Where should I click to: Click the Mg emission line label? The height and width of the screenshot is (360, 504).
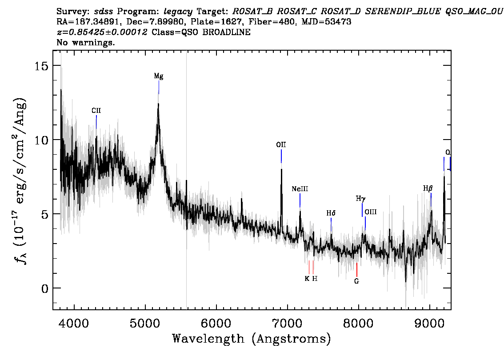point(159,76)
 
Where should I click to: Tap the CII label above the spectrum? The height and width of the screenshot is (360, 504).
point(96,111)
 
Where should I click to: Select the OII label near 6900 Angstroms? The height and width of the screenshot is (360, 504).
point(281,144)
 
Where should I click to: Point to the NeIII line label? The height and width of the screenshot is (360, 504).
point(300,189)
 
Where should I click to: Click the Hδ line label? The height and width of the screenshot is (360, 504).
point(331,213)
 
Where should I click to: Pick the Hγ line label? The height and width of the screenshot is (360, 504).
point(360,199)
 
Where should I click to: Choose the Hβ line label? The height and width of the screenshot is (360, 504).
point(428,189)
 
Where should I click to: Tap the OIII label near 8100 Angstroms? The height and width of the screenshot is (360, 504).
point(371,212)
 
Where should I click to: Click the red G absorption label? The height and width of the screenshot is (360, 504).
point(356,281)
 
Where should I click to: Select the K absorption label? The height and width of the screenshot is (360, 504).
point(307,279)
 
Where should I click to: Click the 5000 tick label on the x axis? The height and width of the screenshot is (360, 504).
point(146,323)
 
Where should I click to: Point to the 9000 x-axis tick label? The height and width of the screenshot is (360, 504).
point(430,323)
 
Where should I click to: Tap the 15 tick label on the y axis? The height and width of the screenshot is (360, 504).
point(41,66)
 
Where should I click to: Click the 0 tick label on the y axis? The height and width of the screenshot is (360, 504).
point(45,288)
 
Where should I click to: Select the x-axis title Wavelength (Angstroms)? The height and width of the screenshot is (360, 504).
point(252,339)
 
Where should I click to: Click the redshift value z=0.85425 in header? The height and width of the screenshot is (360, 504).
point(102,32)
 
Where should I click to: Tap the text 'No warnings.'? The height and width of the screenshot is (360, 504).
point(86,42)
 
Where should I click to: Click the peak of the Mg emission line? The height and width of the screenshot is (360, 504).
point(158,104)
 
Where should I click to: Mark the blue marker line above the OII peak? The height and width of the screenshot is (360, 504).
point(281,156)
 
